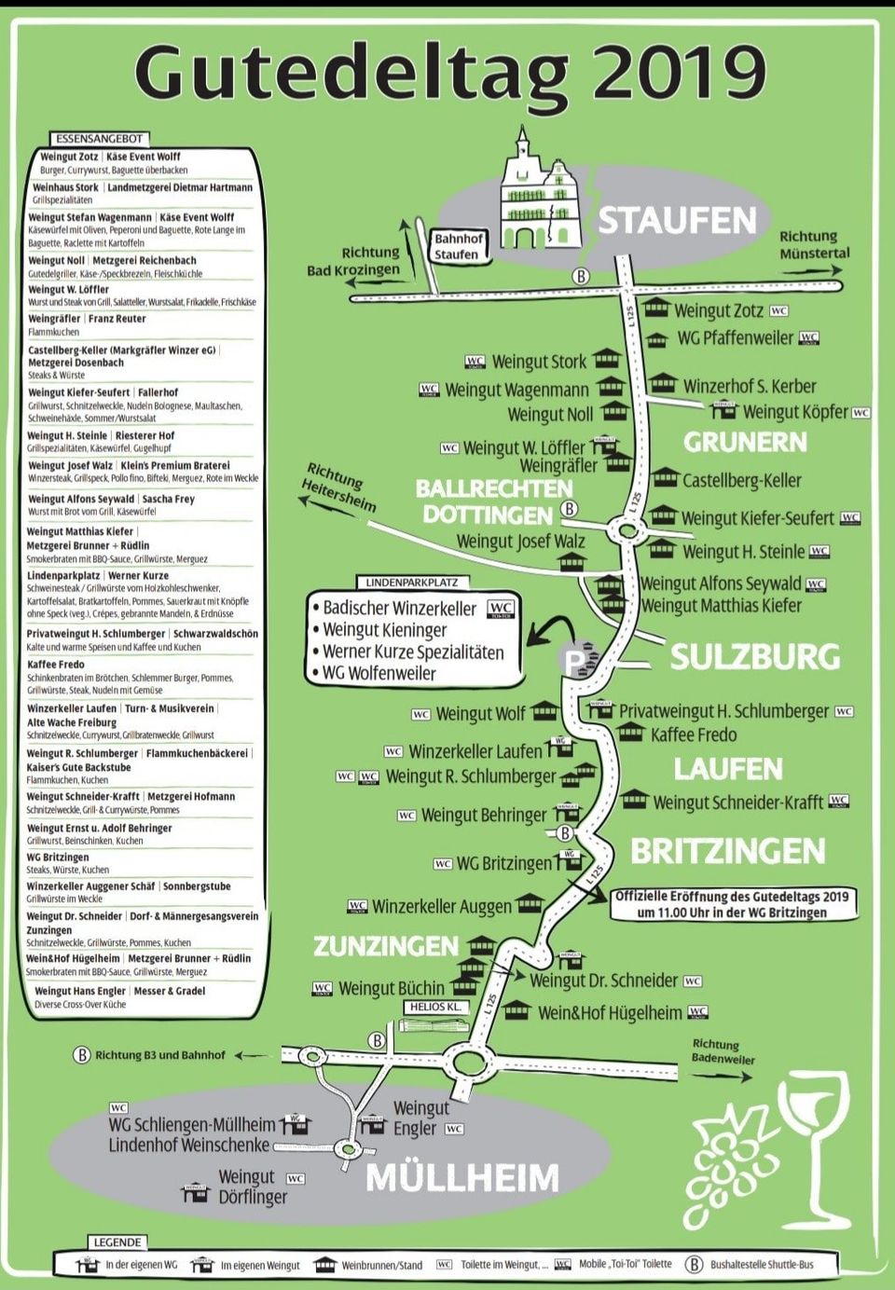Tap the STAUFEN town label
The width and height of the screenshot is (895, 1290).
click(677, 221)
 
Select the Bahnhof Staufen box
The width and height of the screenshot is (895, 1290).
click(458, 246)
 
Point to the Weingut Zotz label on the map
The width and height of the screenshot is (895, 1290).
click(718, 310)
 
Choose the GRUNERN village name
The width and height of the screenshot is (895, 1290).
click(745, 442)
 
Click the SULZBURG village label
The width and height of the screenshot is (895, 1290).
click(755, 656)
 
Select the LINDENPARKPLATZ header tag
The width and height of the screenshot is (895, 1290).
click(411, 583)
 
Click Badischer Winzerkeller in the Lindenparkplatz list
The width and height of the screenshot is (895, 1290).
click(400, 609)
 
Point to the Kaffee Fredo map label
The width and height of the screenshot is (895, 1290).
click(693, 734)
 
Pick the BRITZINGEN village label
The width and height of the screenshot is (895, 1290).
click(727, 851)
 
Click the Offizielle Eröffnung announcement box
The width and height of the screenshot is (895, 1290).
click(732, 903)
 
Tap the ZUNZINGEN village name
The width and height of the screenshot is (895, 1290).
click(386, 946)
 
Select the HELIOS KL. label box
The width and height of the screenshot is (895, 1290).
click(435, 1007)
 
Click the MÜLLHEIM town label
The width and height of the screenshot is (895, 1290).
click(462, 1177)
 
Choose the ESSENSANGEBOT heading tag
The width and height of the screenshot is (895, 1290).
click(99, 138)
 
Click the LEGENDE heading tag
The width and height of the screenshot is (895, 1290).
click(117, 1242)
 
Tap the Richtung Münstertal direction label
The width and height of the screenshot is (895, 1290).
click(814, 244)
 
